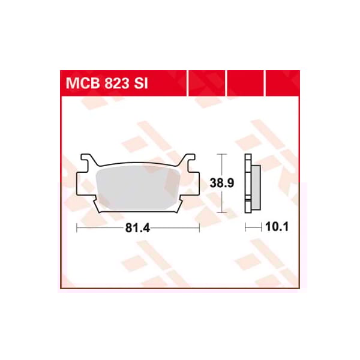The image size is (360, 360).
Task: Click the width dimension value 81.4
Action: click(138, 228)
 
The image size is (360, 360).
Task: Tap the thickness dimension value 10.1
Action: click(277, 228)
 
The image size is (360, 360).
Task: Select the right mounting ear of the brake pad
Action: click(189, 161)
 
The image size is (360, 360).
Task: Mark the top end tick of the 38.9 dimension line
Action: click(224, 154)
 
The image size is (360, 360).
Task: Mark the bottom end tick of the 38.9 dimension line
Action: click(224, 212)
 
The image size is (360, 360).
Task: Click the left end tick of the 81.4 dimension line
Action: click(77, 228)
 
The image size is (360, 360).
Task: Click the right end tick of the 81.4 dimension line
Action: click(199, 228)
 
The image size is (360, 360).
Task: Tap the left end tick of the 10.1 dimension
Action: click(245, 228)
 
